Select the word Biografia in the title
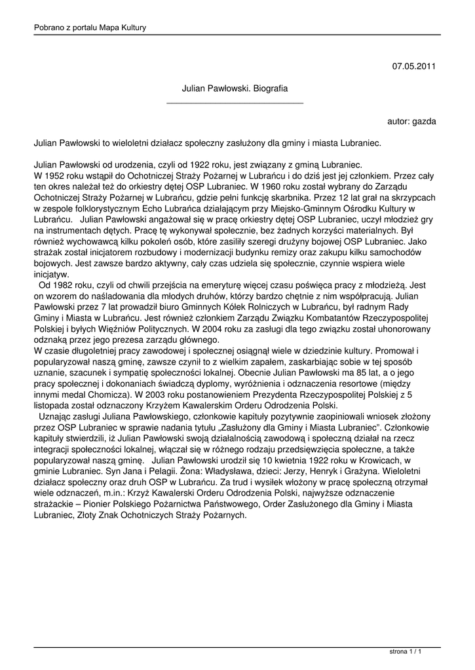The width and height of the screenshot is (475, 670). pyautogui.click(x=270, y=87)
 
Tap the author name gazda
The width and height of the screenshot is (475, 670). pyautogui.click(x=423, y=121)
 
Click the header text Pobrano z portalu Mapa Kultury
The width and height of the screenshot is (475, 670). pyautogui.click(x=90, y=27)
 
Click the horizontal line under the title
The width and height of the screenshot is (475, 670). pyautogui.click(x=235, y=103)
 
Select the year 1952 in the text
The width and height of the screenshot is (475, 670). pyautogui.click(x=56, y=175)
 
